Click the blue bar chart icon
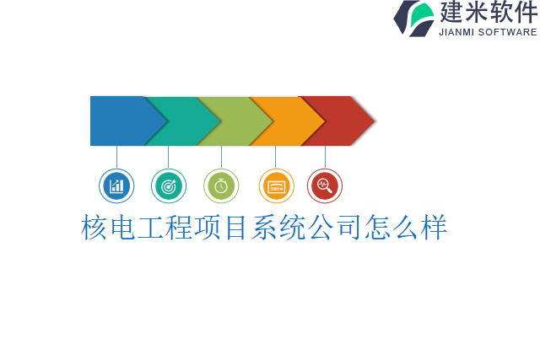[116, 185]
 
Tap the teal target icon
[169, 185]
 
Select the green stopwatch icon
[221, 185]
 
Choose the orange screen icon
[276, 185]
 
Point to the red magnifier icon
[325, 185]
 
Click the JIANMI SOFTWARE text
[488, 32]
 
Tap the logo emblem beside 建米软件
[413, 18]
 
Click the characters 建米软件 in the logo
[488, 13]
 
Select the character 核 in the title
[95, 228]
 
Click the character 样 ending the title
[433, 228]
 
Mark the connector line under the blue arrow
[116, 157]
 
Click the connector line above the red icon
[325, 157]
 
